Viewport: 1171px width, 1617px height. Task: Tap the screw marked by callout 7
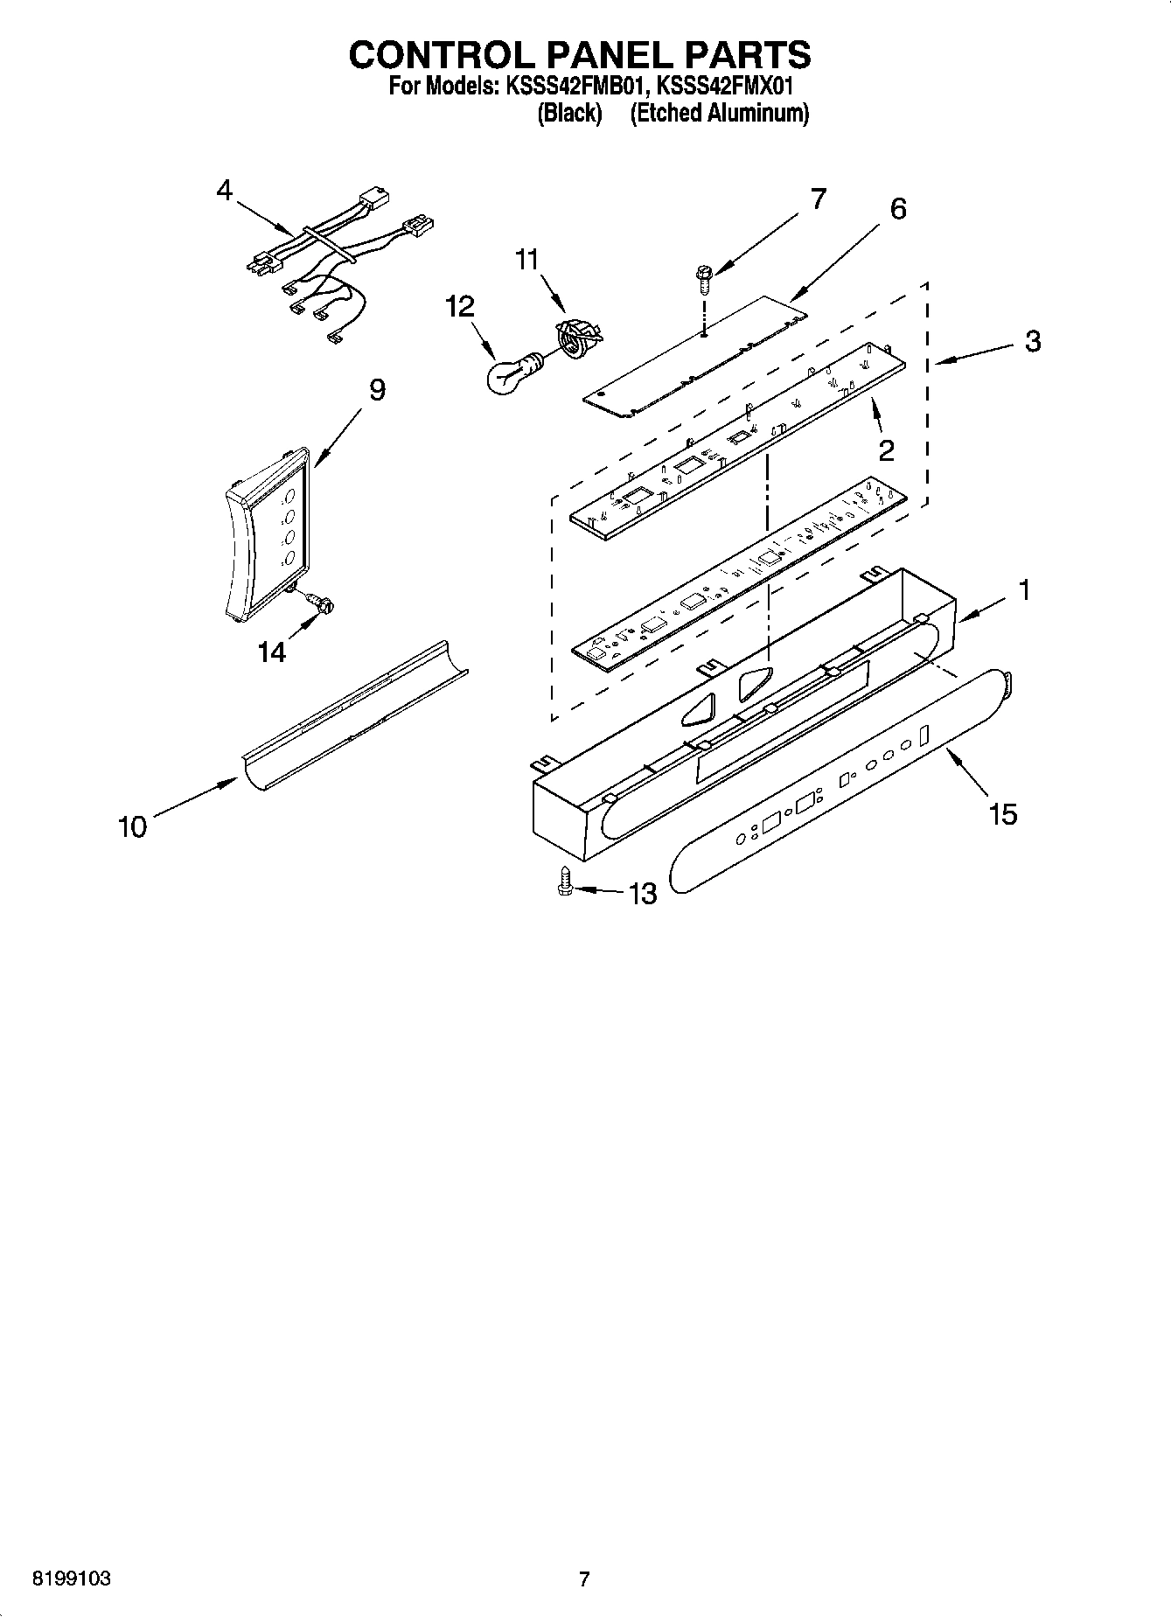[703, 278]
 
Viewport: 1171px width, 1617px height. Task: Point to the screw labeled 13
[565, 883]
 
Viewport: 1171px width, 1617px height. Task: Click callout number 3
[1032, 341]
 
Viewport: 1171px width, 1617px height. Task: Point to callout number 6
[897, 209]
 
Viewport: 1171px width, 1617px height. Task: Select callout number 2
[886, 450]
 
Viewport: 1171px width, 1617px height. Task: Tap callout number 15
[1003, 814]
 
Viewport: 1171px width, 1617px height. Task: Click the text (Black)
[569, 113]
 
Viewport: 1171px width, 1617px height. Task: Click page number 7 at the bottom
[584, 1579]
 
